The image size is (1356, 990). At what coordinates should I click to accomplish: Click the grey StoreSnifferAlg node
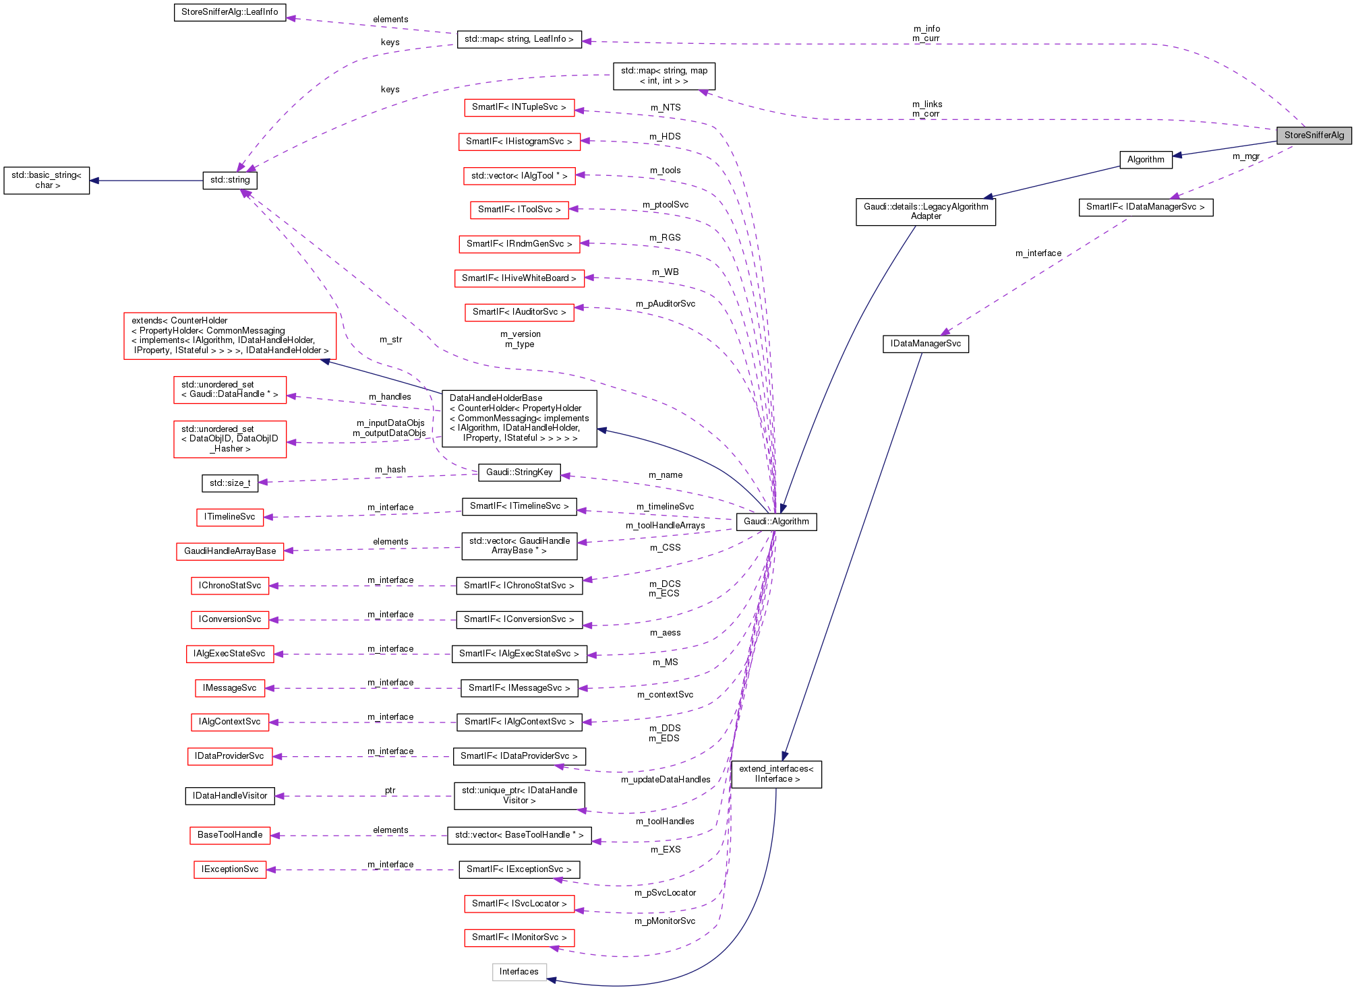point(1314,135)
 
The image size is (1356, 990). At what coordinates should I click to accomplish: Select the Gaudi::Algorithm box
point(776,522)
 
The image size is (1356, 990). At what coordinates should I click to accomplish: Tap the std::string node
point(230,180)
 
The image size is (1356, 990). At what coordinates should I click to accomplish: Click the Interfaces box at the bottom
point(519,972)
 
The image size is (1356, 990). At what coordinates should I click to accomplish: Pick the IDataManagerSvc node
point(925,344)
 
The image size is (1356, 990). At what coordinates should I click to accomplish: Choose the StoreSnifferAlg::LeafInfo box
point(230,12)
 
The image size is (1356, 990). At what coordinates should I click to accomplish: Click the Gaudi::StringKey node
point(519,472)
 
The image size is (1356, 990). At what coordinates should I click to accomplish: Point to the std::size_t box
point(230,483)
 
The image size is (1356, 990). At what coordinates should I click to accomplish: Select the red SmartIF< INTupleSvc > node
point(519,107)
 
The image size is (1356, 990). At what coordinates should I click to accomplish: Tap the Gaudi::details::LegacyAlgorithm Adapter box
point(925,212)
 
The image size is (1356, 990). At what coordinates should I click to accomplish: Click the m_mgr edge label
point(1246,156)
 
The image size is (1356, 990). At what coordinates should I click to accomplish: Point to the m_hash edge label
point(390,470)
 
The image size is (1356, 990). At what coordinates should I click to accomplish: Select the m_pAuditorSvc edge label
point(665,304)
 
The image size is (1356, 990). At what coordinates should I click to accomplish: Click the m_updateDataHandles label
point(665,780)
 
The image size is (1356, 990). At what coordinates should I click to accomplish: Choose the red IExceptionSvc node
point(230,869)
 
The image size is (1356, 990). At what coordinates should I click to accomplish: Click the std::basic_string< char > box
point(47,180)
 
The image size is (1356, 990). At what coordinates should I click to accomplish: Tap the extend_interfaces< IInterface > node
point(776,774)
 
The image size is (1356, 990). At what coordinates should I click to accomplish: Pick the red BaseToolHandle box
point(230,835)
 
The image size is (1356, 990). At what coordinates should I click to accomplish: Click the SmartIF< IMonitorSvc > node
point(519,937)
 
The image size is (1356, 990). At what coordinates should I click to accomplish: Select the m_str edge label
point(390,340)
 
